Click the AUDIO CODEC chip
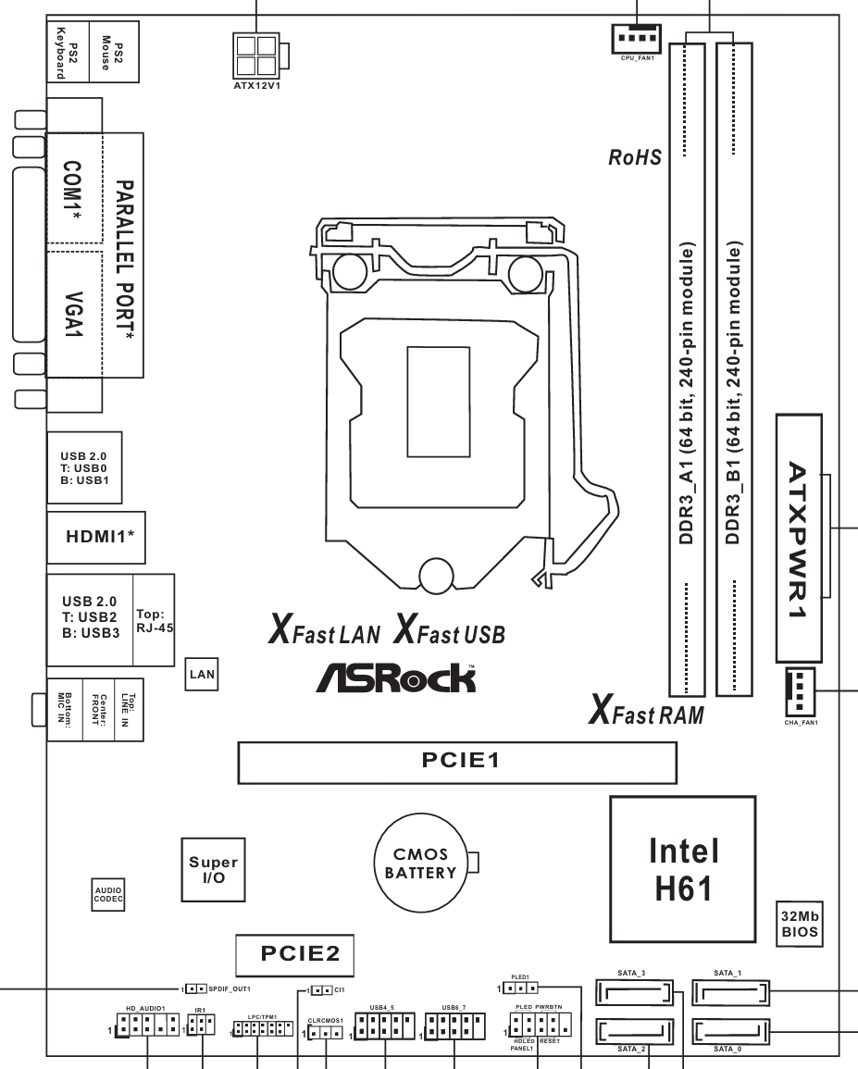point(108,893)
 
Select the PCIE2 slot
point(292,952)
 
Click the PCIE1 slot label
point(454,760)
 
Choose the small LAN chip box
point(201,674)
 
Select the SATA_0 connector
point(729,1029)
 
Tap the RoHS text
point(634,156)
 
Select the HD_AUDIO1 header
point(149,1025)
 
